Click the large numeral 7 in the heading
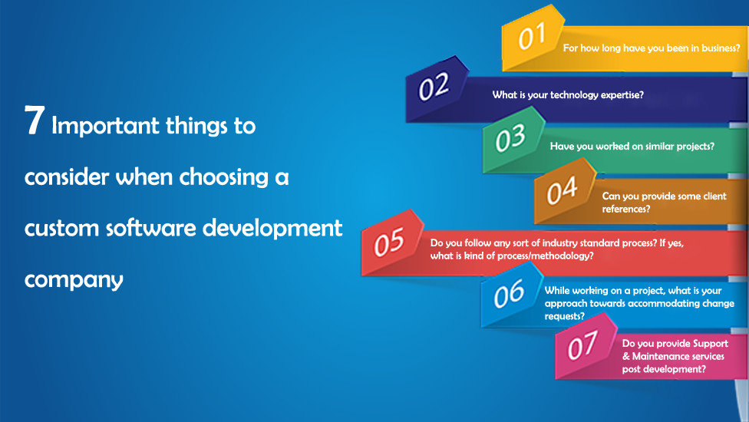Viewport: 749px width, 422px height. (x=35, y=120)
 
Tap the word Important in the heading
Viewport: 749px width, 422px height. (x=105, y=126)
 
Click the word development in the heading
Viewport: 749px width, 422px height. (x=272, y=228)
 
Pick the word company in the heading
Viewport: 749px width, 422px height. (x=74, y=280)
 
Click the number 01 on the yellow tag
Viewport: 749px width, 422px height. (x=532, y=36)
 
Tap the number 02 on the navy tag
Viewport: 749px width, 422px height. (x=434, y=87)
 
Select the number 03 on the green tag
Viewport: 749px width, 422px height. (x=510, y=138)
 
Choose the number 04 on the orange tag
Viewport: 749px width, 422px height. (x=562, y=190)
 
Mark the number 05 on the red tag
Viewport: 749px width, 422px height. (x=389, y=242)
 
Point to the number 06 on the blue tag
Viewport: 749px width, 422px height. (x=510, y=293)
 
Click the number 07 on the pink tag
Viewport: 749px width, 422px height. (x=582, y=345)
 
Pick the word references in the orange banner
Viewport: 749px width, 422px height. (x=625, y=209)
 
